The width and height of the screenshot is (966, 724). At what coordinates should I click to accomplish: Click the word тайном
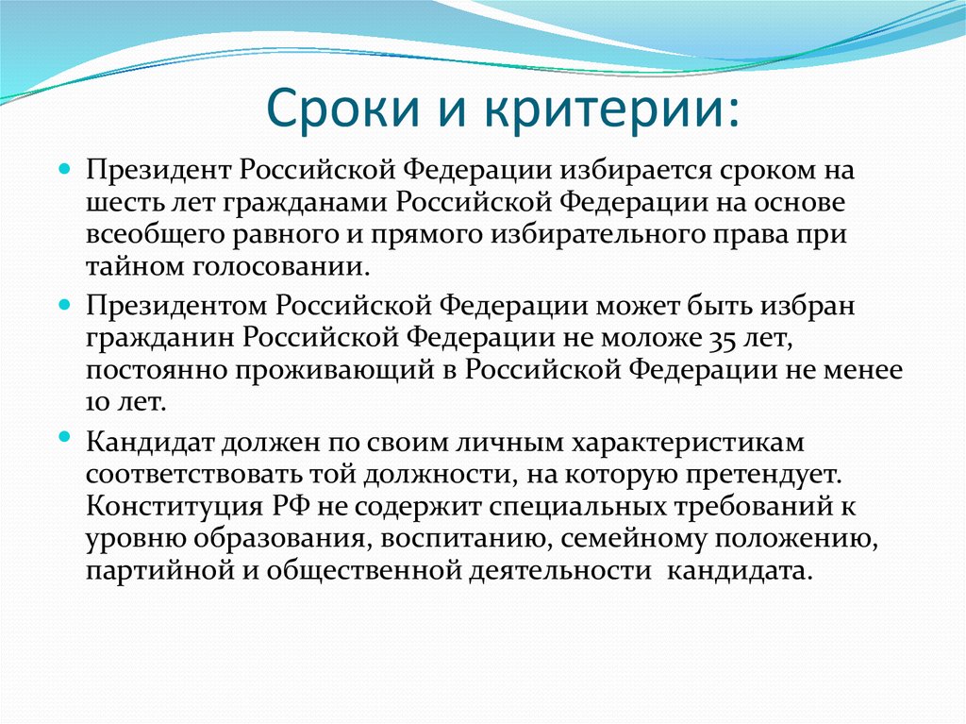pos(126,266)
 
